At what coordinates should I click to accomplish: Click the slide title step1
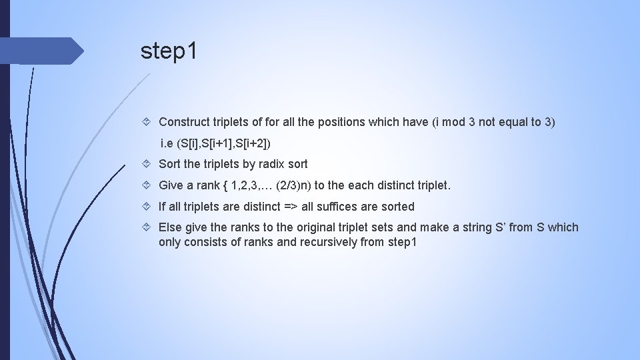169,51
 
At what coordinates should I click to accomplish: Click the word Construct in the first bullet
183,122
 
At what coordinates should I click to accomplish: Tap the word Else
170,228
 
